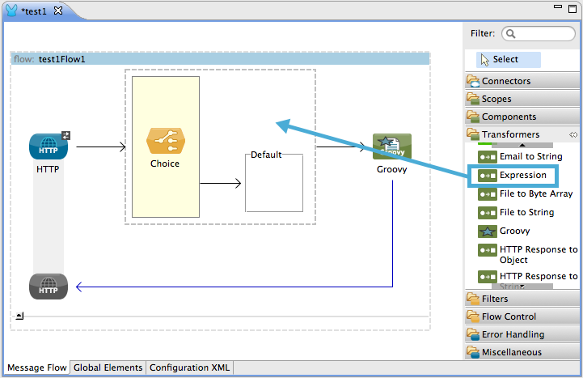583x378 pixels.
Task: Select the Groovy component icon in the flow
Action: [x=391, y=147]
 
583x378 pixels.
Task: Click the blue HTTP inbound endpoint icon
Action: [x=49, y=147]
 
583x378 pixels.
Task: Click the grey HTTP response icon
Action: [x=49, y=287]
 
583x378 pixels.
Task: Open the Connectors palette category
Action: [x=505, y=81]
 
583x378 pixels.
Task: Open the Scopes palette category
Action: [x=496, y=99]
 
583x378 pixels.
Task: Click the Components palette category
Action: [x=508, y=117]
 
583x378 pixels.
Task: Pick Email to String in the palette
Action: [x=530, y=156]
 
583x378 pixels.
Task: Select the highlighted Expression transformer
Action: [x=522, y=175]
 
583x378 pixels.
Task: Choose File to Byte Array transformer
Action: [x=534, y=193]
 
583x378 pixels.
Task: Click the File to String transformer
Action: [x=526, y=212]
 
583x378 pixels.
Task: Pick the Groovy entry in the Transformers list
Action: [x=514, y=231]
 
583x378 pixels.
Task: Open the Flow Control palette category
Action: [x=508, y=316]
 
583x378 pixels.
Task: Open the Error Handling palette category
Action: [x=512, y=334]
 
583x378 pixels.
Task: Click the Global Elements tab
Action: [x=108, y=367]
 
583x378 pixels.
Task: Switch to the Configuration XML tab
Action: [x=189, y=367]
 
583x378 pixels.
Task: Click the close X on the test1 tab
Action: [x=59, y=11]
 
